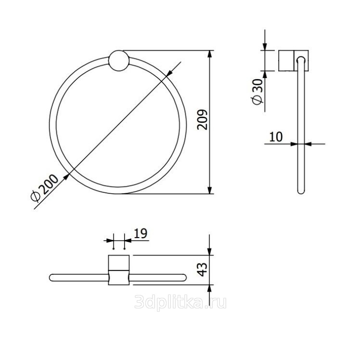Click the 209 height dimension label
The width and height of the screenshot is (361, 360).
coord(203,120)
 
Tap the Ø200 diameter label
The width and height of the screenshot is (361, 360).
coord(44,188)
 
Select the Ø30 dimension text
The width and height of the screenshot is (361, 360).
coord(258,92)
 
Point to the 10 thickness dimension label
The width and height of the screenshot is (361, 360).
coord(276,137)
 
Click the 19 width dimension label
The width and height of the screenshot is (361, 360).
coord(140,233)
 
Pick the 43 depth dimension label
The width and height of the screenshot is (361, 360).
coord(203,269)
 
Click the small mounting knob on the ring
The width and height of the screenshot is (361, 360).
coord(119,60)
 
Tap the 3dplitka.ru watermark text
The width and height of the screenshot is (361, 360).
coord(180,302)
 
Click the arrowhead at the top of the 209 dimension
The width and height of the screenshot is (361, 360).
coord(209,54)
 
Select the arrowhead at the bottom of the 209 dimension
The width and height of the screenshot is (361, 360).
coord(209,190)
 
